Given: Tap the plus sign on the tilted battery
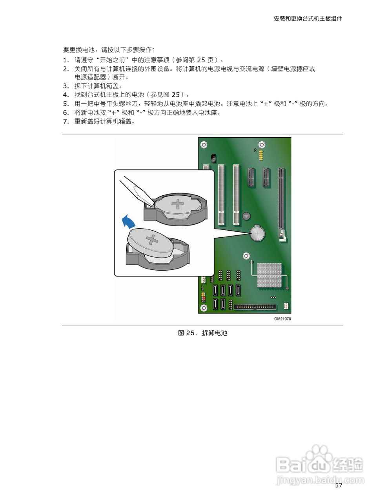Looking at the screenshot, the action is pos(151,240).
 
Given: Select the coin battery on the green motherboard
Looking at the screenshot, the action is pos(257,234).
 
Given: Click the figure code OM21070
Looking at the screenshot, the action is pos(282,319).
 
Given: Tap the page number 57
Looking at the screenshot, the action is pos(339,486).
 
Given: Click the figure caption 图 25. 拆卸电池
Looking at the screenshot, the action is pos(202,333).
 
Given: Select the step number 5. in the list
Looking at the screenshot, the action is pos(66,104).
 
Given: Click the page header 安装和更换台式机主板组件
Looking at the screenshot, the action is pos(308,18).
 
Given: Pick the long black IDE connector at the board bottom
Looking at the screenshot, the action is pos(255,307).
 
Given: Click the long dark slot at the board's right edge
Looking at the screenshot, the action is pos(281,204).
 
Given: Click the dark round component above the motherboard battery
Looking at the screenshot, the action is pos(246,216).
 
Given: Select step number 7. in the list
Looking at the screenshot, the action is pos(66,121).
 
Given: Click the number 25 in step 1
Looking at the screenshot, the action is pos(200,60).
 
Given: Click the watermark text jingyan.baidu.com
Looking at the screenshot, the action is pos(320,480).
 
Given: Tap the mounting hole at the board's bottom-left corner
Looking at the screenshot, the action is pos(203,307).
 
